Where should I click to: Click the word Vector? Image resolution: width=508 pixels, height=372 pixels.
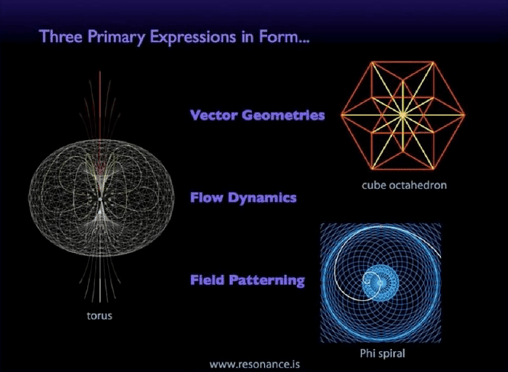pos(216,115)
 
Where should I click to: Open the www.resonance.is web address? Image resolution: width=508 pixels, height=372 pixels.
pos(254,365)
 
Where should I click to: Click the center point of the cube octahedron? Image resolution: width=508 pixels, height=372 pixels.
pos(402,114)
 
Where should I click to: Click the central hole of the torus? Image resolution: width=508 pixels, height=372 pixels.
pos(100,199)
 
